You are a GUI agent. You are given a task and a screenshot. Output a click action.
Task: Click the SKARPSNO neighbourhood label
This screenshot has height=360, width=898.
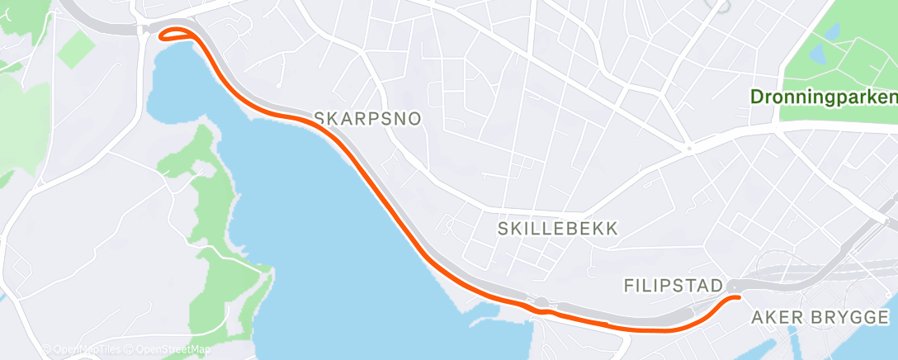click(368, 119)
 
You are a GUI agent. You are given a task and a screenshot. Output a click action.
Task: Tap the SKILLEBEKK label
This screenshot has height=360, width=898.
click(557, 230)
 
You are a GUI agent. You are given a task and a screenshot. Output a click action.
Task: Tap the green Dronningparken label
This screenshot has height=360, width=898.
click(823, 97)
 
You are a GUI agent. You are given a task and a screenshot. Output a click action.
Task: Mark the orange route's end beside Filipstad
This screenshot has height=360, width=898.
click(733, 296)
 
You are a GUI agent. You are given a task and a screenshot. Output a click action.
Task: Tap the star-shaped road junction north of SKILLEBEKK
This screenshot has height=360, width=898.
click(689, 149)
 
